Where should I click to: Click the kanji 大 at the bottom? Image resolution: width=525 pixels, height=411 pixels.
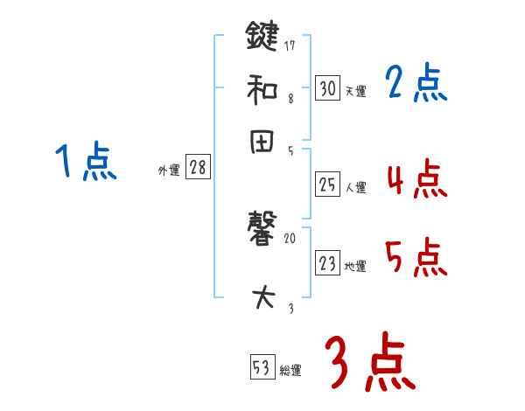[263, 298]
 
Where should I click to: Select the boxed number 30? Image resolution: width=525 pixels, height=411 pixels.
[327, 88]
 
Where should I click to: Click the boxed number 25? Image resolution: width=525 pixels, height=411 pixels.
[327, 185]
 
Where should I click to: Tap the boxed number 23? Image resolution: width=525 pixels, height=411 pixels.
[327, 263]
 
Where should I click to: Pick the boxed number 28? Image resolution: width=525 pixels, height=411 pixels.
[198, 168]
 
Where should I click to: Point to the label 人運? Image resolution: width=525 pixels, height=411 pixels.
[356, 187]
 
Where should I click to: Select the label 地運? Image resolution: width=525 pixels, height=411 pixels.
[356, 266]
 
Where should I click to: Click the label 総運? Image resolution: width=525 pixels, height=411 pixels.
[290, 371]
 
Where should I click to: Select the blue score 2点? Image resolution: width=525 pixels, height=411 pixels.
[416, 85]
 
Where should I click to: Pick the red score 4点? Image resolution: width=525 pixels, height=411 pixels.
[416, 181]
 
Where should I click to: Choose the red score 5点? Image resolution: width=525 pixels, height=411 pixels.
[416, 259]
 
